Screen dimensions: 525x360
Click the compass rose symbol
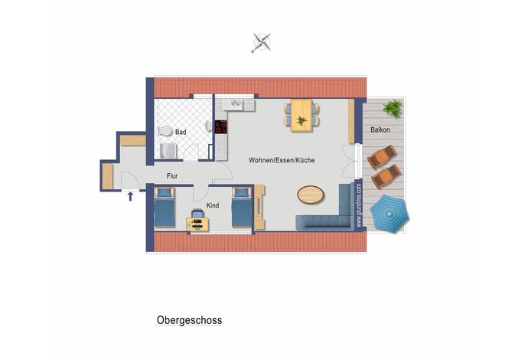pos(262,43)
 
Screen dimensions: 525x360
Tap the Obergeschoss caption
pos(189,320)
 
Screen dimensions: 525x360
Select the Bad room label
pos(181,132)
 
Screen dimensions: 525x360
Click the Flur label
pos(172,175)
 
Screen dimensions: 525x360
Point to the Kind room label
pos(213,205)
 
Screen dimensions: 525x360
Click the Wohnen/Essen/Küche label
pos(282,160)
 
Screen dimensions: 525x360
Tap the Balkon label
pos(380,129)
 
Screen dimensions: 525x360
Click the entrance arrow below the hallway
pos(130,196)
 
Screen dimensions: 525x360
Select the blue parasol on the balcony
pos(390,214)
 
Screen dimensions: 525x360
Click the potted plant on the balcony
pos(393,108)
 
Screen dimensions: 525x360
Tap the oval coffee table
pos(311,195)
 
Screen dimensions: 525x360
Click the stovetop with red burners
pos(221,127)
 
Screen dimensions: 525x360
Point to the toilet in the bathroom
pos(165,131)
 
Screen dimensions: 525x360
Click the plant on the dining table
pos(302,120)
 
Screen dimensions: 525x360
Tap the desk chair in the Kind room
pos(197,213)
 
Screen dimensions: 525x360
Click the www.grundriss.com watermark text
pos(359,205)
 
